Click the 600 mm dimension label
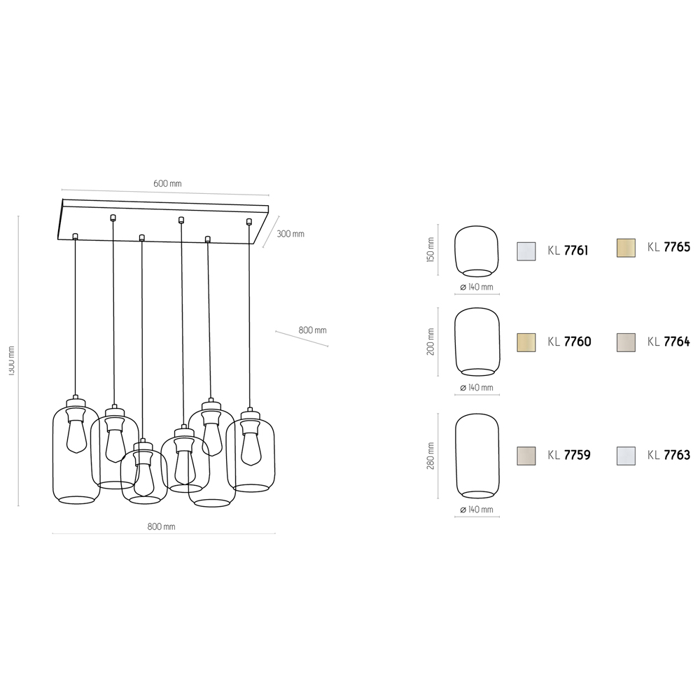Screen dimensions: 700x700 tap(167, 183)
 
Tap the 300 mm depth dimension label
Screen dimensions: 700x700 tap(290, 234)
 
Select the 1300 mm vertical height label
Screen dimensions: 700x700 tap(11, 360)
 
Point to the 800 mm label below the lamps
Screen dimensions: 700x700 tap(162, 526)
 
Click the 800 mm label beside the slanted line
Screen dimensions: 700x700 tap(312, 330)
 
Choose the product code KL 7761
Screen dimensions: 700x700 tap(568, 251)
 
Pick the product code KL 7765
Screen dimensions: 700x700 tap(668, 247)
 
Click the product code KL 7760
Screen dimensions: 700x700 tap(569, 342)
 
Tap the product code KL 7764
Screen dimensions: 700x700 tap(668, 342)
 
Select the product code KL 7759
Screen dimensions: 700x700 tap(569, 455)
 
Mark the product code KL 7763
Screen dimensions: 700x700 tap(668, 455)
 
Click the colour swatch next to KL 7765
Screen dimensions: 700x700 tap(625, 248)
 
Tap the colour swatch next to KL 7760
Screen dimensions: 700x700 tap(526, 342)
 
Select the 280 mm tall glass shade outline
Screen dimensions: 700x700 tap(477, 455)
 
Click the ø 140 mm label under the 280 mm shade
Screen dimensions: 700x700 tap(477, 510)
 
